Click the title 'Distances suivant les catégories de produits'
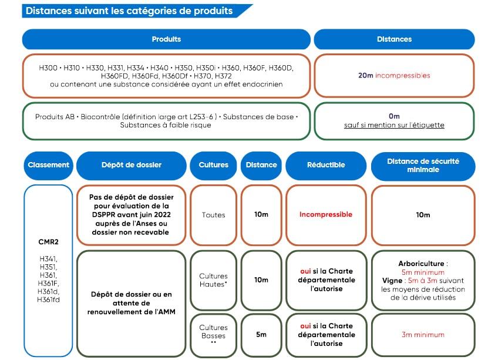click(x=129, y=11)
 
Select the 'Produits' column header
click(x=166, y=39)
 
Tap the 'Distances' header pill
click(x=394, y=39)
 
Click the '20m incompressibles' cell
click(x=394, y=76)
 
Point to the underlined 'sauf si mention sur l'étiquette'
click(x=394, y=125)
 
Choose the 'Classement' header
click(x=48, y=165)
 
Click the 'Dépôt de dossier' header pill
click(x=132, y=165)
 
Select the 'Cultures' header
click(x=214, y=165)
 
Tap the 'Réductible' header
click(x=326, y=165)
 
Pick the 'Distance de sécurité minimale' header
click(x=423, y=166)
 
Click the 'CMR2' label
click(x=48, y=242)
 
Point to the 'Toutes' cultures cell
click(x=214, y=215)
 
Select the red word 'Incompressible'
click(x=326, y=214)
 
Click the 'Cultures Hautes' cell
click(x=214, y=280)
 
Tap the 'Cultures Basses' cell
click(x=214, y=335)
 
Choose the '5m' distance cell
click(x=261, y=335)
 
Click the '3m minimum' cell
click(x=423, y=335)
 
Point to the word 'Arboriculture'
click(x=422, y=264)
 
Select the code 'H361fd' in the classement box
click(x=48, y=300)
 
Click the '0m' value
click(x=394, y=116)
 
